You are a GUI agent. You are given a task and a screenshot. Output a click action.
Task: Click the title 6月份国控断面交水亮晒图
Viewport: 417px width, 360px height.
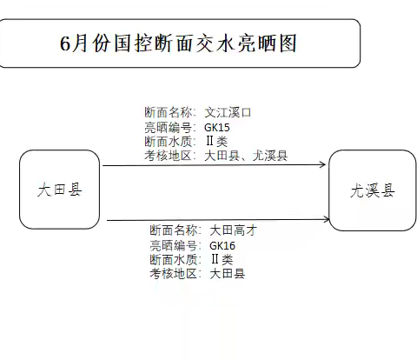(x=178, y=43)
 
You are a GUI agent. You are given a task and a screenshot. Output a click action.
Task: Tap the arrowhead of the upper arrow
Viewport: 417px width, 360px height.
(x=322, y=164)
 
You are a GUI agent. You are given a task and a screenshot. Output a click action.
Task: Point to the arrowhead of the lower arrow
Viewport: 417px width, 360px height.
(x=327, y=219)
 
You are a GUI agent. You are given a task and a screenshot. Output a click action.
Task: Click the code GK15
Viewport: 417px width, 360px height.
(x=217, y=128)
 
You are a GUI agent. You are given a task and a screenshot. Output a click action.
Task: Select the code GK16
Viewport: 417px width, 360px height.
(x=222, y=246)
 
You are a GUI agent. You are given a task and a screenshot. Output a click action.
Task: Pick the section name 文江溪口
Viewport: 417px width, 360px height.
(x=228, y=112)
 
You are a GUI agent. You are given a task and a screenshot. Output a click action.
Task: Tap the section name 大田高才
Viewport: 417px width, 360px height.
(x=233, y=230)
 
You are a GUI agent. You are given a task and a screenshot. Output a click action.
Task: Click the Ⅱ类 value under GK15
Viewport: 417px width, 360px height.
(x=217, y=142)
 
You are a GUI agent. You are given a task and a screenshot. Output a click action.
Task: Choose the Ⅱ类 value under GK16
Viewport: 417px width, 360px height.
(x=222, y=259)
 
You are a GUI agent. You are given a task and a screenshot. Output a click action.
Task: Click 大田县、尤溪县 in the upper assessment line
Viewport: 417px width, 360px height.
(x=246, y=156)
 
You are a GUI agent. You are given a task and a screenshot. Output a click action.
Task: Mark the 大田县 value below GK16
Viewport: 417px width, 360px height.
(x=228, y=273)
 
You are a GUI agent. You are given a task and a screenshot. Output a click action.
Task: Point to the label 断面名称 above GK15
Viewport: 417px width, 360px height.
(x=169, y=112)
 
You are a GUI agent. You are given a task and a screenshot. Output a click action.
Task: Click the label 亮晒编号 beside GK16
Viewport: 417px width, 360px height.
(x=174, y=246)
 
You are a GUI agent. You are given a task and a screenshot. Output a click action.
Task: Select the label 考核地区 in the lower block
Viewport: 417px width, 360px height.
(x=174, y=273)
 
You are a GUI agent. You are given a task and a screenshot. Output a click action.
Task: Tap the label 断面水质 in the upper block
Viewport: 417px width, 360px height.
(x=169, y=142)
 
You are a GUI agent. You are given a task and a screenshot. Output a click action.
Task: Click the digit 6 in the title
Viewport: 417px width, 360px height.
(x=65, y=44)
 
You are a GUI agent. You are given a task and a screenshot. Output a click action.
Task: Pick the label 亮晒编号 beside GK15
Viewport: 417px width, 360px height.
(x=169, y=128)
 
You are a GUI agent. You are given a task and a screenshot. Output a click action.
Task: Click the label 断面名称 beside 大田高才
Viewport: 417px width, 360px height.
(x=174, y=230)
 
